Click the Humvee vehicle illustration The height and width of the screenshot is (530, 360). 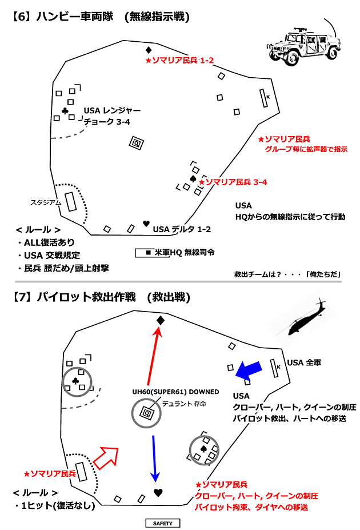pos(303,46)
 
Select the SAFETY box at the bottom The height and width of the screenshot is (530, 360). pos(162,523)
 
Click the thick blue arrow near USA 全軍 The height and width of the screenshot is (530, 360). pos(249,371)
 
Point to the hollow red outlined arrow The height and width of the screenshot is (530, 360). pos(106,457)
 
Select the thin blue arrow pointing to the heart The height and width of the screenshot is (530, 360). pos(154,459)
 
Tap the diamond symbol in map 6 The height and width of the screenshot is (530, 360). pos(148,50)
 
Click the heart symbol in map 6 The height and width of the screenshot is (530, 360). pos(146,224)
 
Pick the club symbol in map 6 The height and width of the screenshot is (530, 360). pos(65,110)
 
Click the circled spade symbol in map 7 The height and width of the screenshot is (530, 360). pos(203,449)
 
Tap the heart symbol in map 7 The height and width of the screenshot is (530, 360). pos(158,493)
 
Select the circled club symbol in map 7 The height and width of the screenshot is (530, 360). pos(75,381)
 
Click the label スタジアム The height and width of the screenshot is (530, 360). pos(46,202)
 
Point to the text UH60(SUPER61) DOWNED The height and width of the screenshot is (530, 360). pos(175,392)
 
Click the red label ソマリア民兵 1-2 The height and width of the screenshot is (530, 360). pos(179,61)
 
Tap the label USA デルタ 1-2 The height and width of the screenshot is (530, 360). pos(182,229)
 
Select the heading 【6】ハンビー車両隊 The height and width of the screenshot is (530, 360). pos(63,17)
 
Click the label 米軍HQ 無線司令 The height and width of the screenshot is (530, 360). pos(185,253)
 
